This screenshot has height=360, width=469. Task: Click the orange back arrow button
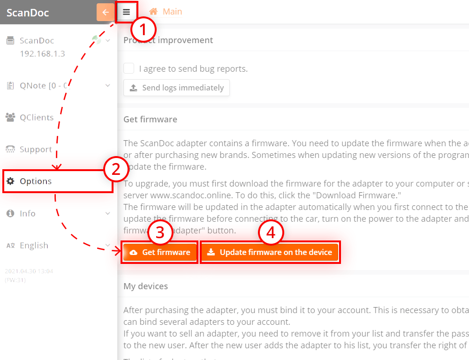105,12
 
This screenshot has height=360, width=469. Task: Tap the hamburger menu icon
127,12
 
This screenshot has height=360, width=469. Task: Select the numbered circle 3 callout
160,233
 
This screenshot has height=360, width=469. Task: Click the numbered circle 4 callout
271,233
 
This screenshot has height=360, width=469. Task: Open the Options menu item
36,181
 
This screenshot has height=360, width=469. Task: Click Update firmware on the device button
270,252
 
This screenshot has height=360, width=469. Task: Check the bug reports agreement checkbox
129,68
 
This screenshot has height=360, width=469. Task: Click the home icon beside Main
153,12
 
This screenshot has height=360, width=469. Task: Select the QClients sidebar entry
36,118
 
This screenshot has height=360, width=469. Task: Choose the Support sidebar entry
35,150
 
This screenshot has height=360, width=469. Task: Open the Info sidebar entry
27,213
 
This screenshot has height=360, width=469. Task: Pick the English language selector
34,245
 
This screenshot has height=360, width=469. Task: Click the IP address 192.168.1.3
42,53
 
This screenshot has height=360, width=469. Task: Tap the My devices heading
145,286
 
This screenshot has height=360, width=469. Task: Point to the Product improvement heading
168,40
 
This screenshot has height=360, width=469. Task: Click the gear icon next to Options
10,181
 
